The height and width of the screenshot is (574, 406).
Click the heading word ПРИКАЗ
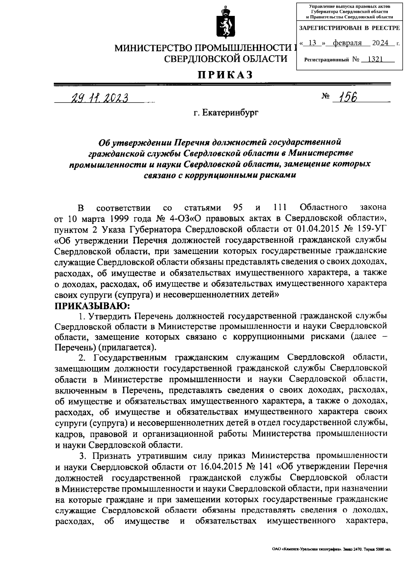tap(226, 74)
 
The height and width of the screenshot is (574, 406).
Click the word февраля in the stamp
tap(347, 43)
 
